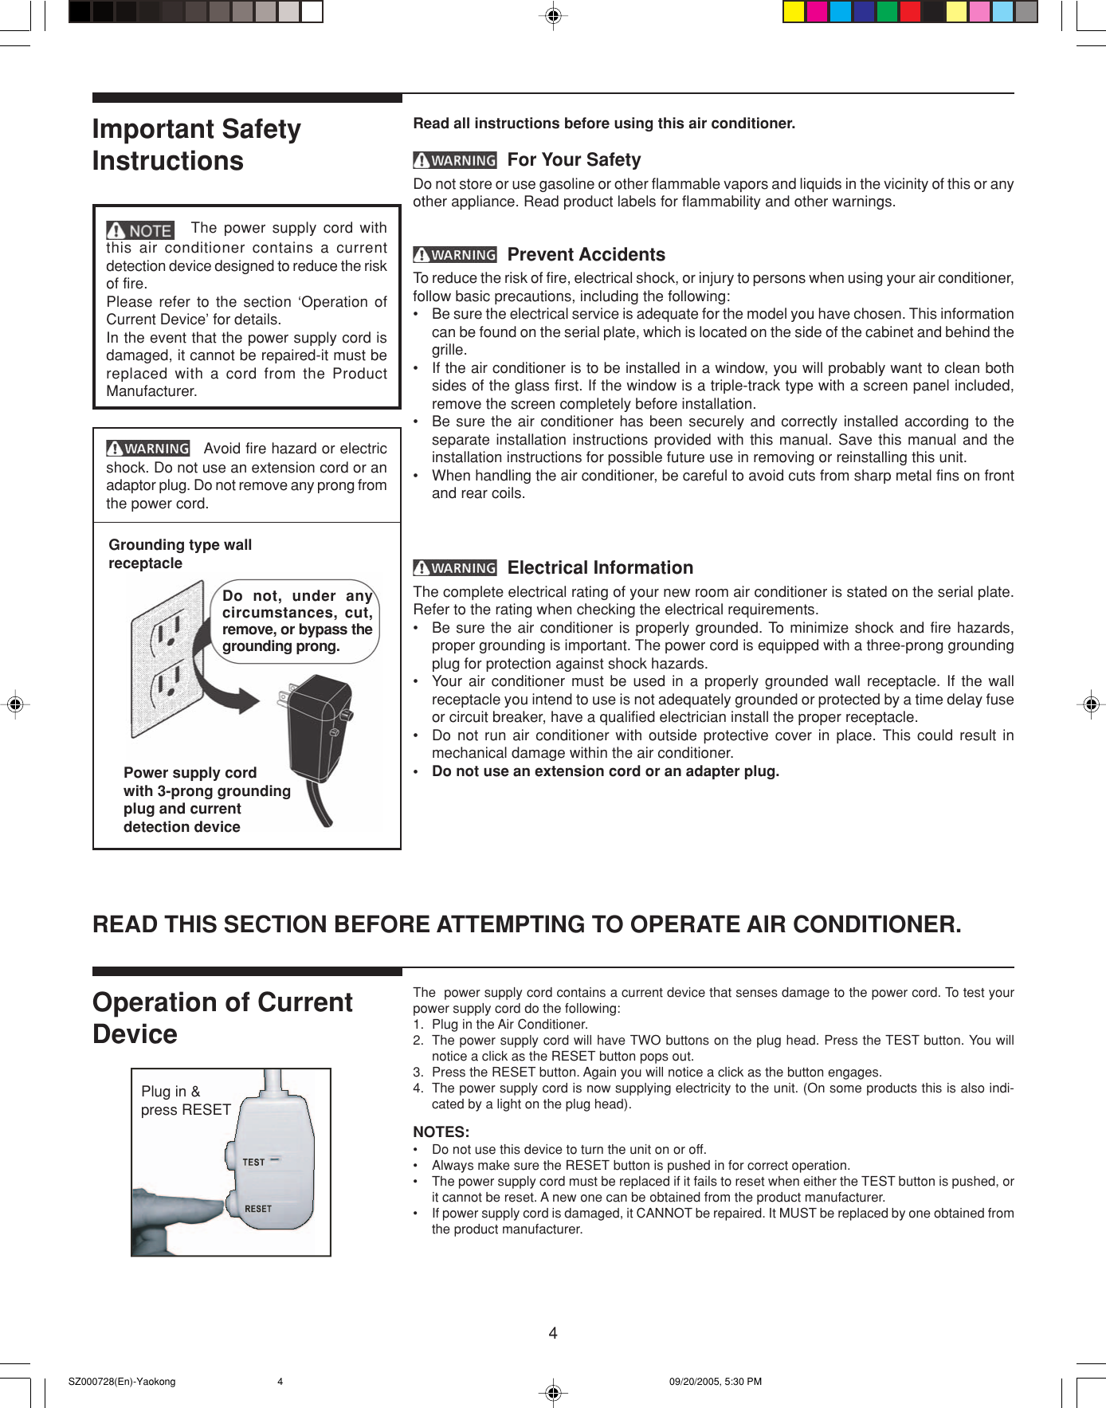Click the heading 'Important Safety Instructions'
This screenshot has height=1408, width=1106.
click(197, 145)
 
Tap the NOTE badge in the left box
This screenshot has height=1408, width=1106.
click(140, 230)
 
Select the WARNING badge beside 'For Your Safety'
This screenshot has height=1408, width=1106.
click(455, 160)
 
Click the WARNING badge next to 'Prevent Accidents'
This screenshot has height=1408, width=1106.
click(455, 255)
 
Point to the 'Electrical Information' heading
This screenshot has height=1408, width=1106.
click(600, 568)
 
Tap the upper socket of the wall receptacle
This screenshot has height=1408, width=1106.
click(170, 630)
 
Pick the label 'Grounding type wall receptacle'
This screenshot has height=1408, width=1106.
click(180, 554)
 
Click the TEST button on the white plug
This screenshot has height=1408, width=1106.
click(253, 1162)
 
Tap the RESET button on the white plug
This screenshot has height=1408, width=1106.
click(257, 1209)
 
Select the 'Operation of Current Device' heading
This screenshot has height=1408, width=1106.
click(222, 1018)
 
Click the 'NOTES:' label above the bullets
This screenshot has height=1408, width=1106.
click(441, 1131)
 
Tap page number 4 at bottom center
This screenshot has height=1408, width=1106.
click(553, 1333)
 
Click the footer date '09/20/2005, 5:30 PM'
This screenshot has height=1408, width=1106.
click(715, 1382)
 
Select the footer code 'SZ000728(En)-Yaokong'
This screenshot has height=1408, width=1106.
click(122, 1382)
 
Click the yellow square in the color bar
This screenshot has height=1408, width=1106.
click(794, 12)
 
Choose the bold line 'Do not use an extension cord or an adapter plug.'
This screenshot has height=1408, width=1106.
click(606, 771)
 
